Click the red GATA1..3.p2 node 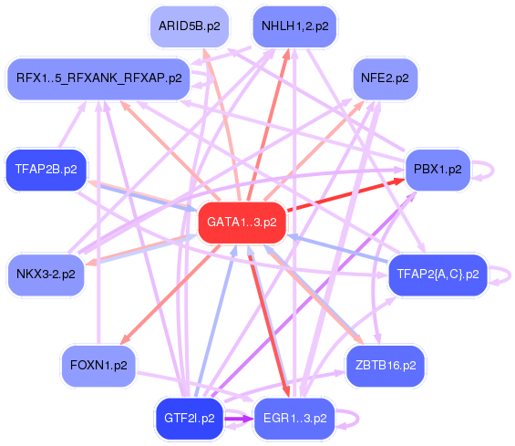pos(242,223)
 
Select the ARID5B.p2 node pos(190,26)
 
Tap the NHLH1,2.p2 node pos(294,26)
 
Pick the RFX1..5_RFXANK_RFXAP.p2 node pos(98,78)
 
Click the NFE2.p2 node pos(385,78)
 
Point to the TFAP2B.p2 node pos(46,170)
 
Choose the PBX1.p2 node pos(438,170)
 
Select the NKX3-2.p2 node pos(46,275)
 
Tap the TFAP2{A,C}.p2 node pos(438,275)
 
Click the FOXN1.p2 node pos(98,366)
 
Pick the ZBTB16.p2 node pos(386,366)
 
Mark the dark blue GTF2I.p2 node pos(190,419)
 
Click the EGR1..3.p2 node pos(294,419)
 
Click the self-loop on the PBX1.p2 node pos(492,170)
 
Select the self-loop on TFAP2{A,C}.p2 pos(510,275)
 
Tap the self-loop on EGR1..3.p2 pos(357,419)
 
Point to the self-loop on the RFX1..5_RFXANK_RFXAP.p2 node pos(212,78)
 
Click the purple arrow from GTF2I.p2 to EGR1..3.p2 pos(239,419)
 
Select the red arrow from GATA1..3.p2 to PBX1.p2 pos(345,194)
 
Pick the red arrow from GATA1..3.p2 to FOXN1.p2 pos(170,295)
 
